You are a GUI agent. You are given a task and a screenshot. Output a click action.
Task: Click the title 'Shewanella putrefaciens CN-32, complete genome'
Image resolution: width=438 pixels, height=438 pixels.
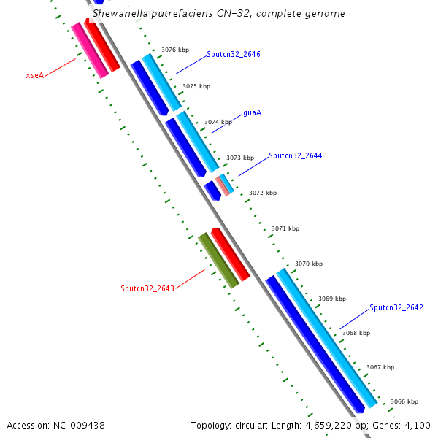(218, 13)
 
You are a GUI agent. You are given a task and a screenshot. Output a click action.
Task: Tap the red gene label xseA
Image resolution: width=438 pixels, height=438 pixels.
(34, 74)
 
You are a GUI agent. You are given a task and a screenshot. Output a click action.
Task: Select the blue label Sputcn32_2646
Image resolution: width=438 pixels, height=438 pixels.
(233, 55)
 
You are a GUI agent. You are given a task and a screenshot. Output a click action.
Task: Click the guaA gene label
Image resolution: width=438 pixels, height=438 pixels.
(252, 113)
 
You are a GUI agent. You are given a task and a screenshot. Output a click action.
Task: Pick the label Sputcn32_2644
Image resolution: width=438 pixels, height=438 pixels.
(295, 155)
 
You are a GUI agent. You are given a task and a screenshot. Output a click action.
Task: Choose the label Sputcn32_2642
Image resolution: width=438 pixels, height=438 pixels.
(396, 307)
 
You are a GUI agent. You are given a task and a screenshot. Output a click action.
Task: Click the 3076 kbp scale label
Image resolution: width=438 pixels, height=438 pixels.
(175, 50)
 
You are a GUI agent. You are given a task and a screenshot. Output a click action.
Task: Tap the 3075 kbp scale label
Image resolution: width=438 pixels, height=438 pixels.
(196, 86)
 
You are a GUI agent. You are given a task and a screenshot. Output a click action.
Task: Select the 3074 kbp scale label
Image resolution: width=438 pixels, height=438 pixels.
(218, 122)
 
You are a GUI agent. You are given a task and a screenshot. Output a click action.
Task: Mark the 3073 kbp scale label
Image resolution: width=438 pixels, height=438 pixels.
(240, 158)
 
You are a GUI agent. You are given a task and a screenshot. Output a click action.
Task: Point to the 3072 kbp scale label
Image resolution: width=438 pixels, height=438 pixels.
(263, 193)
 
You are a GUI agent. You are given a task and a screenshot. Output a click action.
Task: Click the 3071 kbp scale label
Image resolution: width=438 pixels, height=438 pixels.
(285, 228)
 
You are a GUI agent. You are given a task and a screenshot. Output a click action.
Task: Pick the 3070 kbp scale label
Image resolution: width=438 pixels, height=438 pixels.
(308, 264)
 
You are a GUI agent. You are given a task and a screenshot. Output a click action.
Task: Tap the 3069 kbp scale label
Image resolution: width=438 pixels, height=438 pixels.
(332, 299)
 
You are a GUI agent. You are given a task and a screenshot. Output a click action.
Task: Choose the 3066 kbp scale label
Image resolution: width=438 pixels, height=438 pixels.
(404, 401)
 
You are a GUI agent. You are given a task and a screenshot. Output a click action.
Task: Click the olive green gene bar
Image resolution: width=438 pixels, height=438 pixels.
(218, 260)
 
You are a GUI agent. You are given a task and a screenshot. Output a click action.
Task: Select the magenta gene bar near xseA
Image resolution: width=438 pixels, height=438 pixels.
(89, 50)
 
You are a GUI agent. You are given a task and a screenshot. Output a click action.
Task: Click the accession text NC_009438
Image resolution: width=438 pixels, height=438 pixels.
(55, 425)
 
